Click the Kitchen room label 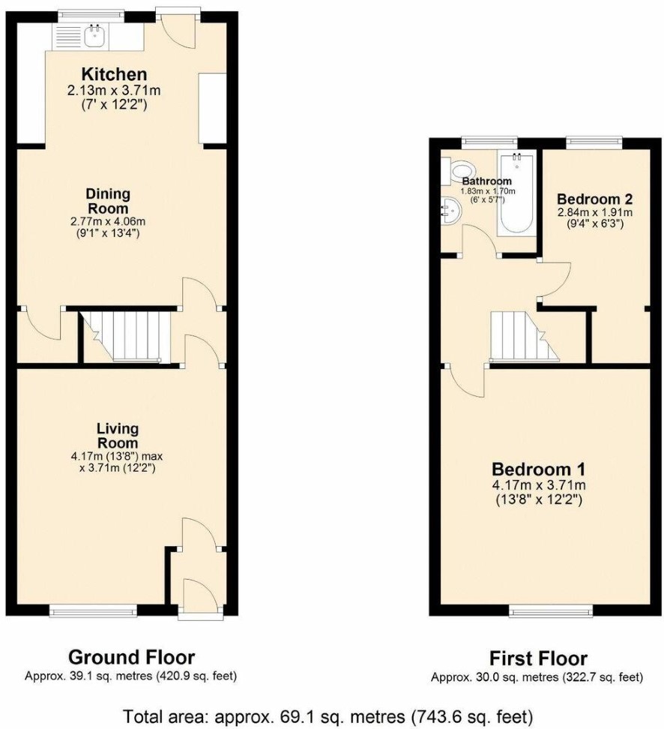point(115,74)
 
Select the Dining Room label point(108,201)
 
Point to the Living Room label point(117,436)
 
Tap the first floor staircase point(523,336)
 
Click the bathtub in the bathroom point(516,193)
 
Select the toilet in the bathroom point(456,170)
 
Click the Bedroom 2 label point(595,199)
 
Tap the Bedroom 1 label point(539,468)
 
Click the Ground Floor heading point(131,658)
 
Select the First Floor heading point(538,658)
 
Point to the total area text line point(328,716)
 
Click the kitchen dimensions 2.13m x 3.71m point(114,90)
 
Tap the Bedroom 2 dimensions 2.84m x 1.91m point(595,212)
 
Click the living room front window point(94,610)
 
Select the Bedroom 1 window point(551,610)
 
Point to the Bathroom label point(486,181)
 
